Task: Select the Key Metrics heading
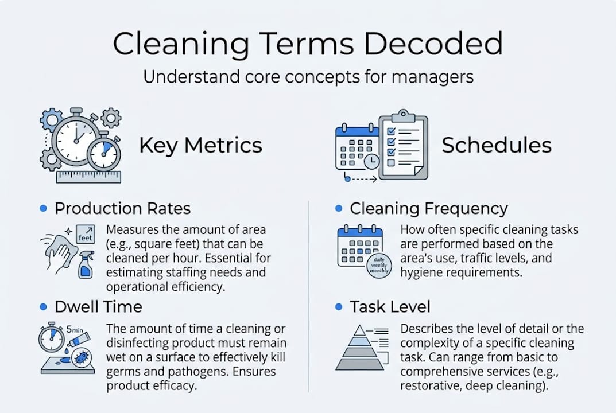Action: (200, 145)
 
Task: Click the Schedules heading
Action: (496, 145)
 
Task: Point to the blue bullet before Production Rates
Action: (43, 208)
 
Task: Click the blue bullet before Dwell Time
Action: (43, 307)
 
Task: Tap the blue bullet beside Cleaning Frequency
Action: (339, 208)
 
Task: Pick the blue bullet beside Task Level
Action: (339, 307)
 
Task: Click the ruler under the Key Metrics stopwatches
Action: (88, 176)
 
